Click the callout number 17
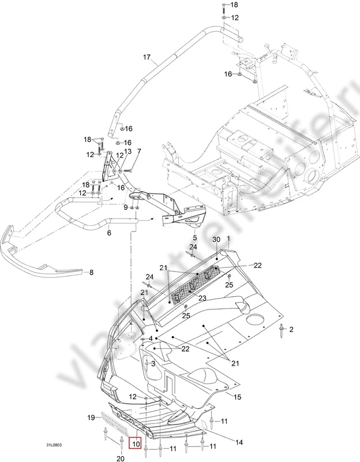click(x=146, y=57)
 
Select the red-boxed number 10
click(x=135, y=444)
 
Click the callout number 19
click(x=91, y=417)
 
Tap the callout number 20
click(x=120, y=459)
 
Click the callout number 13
click(x=128, y=151)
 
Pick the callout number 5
click(x=194, y=238)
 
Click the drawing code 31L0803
click(x=56, y=446)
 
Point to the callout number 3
click(x=153, y=364)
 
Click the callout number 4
click(x=151, y=338)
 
